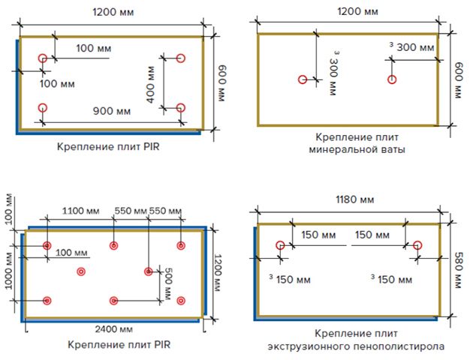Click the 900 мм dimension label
click(x=112, y=111)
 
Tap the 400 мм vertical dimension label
click(x=150, y=85)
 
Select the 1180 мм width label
click(x=354, y=199)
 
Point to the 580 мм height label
click(x=458, y=270)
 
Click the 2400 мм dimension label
click(x=114, y=329)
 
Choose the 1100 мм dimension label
click(x=80, y=211)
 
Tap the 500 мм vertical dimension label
click(x=167, y=283)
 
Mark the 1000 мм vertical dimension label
click(x=9, y=271)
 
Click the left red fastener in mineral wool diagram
click(x=303, y=79)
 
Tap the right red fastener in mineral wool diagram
click(x=392, y=79)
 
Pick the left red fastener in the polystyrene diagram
click(x=280, y=245)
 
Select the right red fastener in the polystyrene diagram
click(x=417, y=245)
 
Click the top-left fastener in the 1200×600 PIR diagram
click(x=43, y=58)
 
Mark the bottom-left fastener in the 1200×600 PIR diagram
click(x=43, y=108)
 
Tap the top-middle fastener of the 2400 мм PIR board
click(x=113, y=245)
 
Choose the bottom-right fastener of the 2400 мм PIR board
click(x=181, y=301)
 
